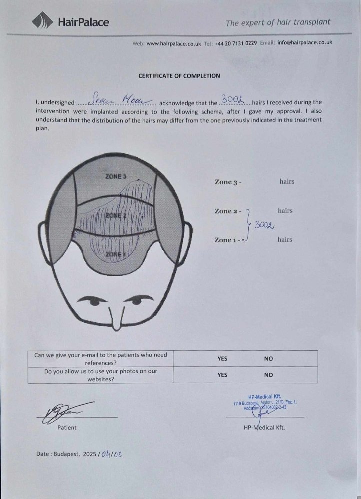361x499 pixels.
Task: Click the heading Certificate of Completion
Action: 179,76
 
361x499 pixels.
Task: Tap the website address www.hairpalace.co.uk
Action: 174,43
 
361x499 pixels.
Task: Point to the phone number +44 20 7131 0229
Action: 236,43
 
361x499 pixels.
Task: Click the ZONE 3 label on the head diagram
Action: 116,176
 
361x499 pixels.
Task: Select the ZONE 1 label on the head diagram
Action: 115,255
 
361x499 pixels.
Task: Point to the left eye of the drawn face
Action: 94,301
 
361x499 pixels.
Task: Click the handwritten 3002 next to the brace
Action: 264,225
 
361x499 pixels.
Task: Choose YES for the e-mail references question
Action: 222,358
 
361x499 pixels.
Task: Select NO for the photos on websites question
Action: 268,375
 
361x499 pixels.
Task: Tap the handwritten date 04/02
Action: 111,454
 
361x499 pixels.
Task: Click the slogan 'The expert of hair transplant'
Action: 278,22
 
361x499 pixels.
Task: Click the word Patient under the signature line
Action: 67,428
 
